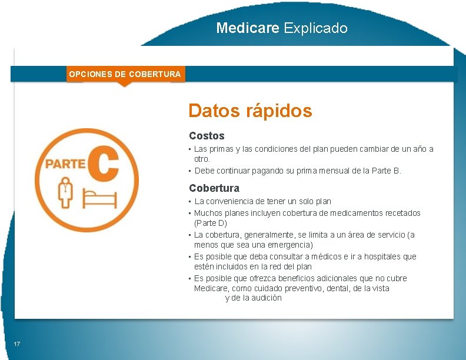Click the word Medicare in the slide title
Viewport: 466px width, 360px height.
247,28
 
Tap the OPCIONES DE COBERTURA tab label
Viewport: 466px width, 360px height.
125,74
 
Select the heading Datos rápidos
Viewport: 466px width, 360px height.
250,111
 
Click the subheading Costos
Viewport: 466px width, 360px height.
207,136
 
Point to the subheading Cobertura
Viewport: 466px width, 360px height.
214,188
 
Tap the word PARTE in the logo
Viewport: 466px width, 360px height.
65,163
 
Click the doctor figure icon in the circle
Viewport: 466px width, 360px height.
65,192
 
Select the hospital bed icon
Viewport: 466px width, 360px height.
98,198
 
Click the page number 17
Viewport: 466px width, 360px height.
17,344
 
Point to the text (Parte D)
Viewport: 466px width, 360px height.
211,224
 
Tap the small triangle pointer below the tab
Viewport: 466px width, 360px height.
124,84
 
